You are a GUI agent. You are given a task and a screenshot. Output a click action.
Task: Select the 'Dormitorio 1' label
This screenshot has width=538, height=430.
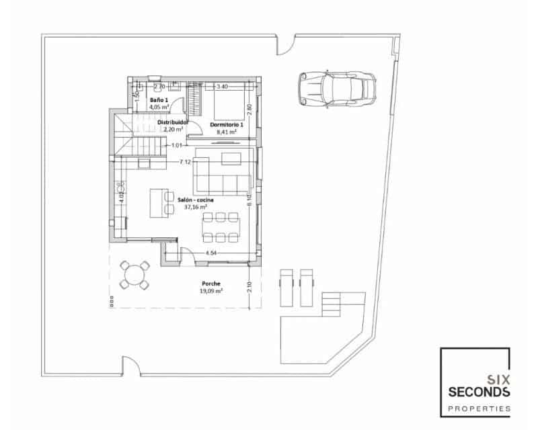click(x=226, y=125)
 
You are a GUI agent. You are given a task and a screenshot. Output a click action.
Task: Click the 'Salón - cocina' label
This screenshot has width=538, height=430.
click(x=192, y=200)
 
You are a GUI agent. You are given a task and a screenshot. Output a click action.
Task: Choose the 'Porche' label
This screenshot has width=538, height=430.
click(x=210, y=284)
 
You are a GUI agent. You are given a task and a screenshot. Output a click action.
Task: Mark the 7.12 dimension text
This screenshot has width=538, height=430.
click(x=186, y=162)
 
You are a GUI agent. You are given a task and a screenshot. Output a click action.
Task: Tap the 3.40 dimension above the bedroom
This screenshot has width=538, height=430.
click(x=222, y=87)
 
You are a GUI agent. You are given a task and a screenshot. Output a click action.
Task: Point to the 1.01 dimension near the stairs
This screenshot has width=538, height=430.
click(x=177, y=145)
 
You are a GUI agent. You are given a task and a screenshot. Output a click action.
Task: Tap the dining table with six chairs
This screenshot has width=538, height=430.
click(x=221, y=226)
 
